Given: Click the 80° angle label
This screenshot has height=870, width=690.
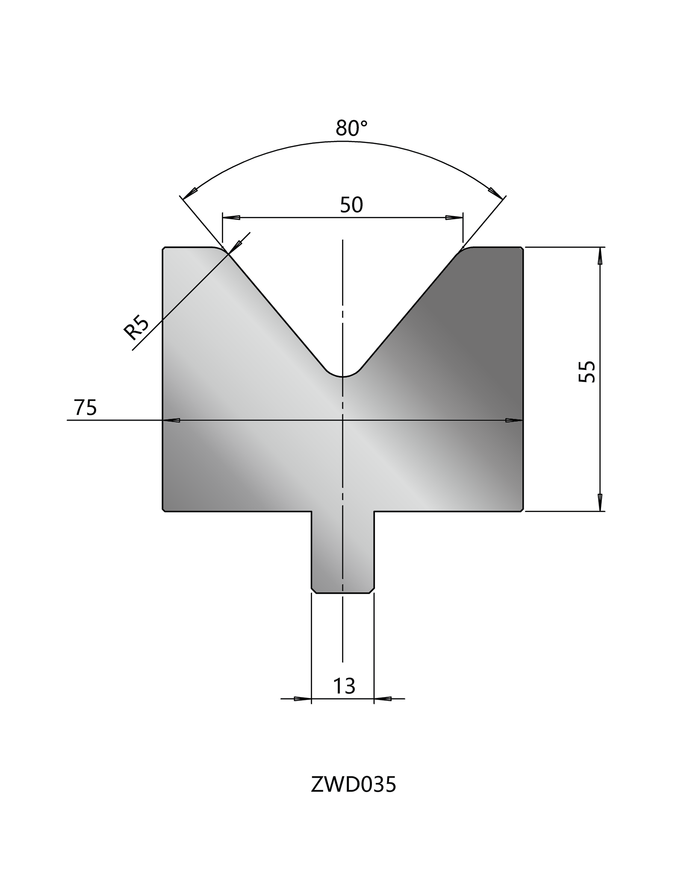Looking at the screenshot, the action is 351,128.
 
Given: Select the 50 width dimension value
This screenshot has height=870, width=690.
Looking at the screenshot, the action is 351,205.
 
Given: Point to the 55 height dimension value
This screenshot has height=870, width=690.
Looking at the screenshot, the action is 587,372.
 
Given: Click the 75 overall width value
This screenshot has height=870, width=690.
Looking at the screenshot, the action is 86,407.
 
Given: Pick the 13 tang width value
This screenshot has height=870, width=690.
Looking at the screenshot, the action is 344,686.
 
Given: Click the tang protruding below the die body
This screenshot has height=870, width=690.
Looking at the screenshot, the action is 343,552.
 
